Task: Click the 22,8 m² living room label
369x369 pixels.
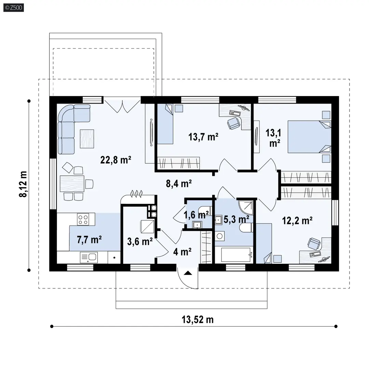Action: point(116,160)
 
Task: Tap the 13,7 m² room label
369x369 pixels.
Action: point(203,137)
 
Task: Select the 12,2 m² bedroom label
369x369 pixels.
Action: point(298,221)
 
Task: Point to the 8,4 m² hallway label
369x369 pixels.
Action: point(179,183)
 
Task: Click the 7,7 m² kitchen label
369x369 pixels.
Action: point(89,240)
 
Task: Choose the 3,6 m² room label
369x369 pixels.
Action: point(140,242)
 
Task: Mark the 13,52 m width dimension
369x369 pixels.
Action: point(197,319)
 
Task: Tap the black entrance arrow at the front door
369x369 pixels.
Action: point(188,272)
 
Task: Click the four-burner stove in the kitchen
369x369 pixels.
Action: point(83,219)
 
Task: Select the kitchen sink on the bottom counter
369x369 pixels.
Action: point(88,257)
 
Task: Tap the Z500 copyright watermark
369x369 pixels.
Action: point(12,6)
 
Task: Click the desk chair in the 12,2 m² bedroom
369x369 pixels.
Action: point(314,243)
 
